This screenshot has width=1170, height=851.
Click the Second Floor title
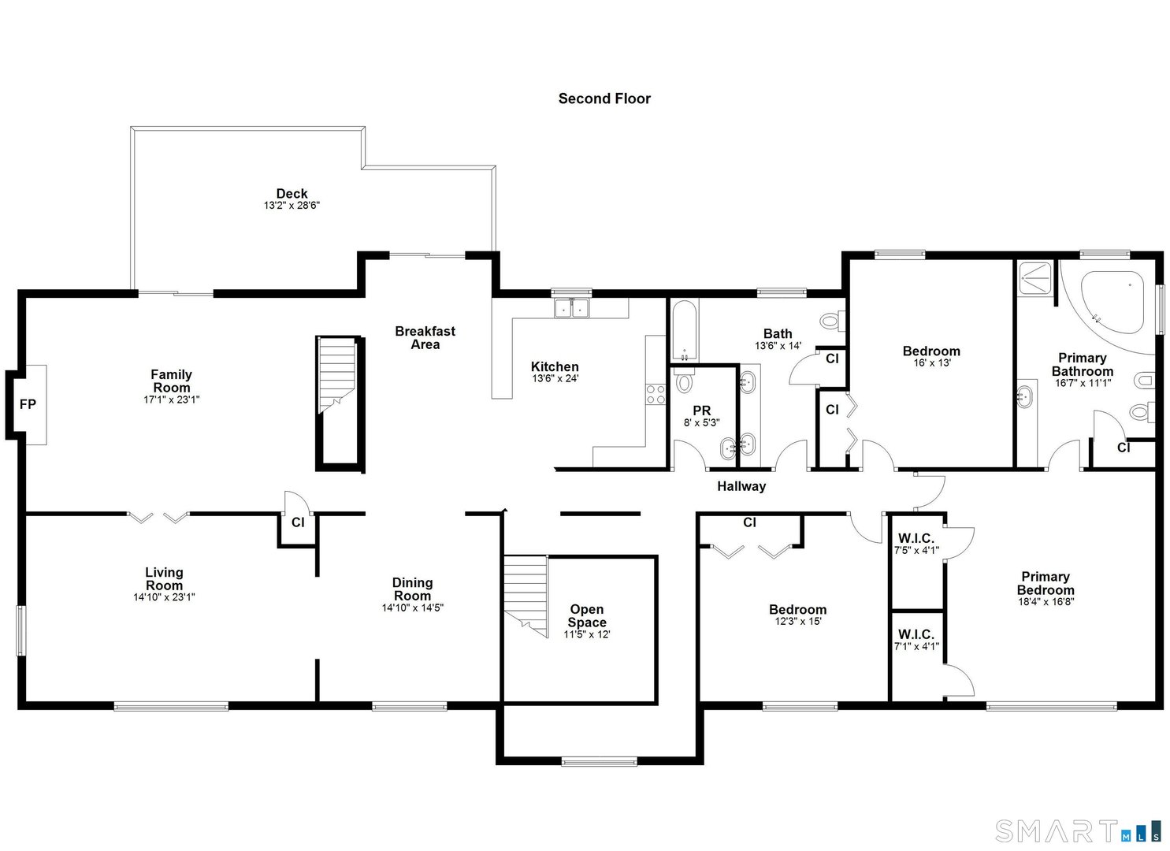tap(604, 98)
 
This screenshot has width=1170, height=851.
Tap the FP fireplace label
tap(28, 404)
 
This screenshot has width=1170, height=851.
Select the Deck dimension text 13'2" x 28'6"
tap(292, 206)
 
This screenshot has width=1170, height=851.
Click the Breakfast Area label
tap(425, 338)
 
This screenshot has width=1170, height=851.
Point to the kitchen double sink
tap(572, 308)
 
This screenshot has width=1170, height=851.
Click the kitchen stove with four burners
tap(656, 394)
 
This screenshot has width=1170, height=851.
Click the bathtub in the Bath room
tap(683, 330)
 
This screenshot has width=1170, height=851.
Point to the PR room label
tap(701, 411)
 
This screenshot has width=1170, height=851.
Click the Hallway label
tap(741, 486)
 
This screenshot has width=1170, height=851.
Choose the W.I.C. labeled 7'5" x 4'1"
tap(916, 544)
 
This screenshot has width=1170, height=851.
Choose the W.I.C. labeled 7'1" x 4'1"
tap(916, 640)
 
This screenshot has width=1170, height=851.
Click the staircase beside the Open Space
tap(526, 594)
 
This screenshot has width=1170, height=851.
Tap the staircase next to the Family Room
tap(337, 375)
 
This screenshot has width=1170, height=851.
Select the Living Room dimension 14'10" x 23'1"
tap(164, 597)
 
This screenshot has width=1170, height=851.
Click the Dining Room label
tap(412, 589)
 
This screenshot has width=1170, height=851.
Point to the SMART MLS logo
tap(1077, 831)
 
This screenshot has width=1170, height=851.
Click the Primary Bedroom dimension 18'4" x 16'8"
tap(1046, 601)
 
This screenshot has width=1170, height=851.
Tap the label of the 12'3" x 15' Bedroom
tap(797, 609)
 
